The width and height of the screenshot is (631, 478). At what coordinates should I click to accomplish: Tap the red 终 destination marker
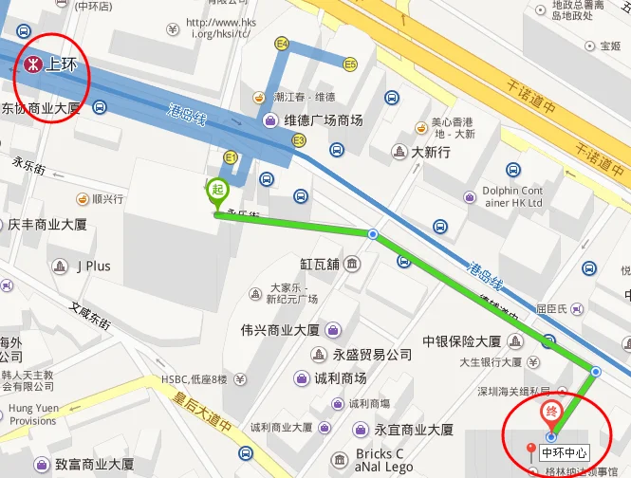(x=550, y=413)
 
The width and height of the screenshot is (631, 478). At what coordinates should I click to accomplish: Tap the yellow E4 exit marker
(x=282, y=44)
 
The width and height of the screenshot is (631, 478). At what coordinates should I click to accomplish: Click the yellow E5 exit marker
(x=350, y=64)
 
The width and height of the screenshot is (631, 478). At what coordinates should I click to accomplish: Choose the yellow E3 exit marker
(x=299, y=140)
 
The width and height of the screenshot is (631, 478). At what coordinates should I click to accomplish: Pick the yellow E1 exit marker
(x=231, y=156)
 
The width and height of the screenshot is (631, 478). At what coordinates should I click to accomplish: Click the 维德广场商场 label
(x=323, y=120)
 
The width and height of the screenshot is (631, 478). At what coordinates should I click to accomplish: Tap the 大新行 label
(x=430, y=153)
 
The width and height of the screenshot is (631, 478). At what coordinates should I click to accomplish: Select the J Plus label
(x=93, y=266)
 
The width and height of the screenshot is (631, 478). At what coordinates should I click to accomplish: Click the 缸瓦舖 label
(x=320, y=263)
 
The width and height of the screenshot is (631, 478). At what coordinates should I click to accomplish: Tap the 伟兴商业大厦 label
(x=280, y=330)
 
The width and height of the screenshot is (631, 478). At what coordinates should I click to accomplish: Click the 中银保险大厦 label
(x=461, y=341)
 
